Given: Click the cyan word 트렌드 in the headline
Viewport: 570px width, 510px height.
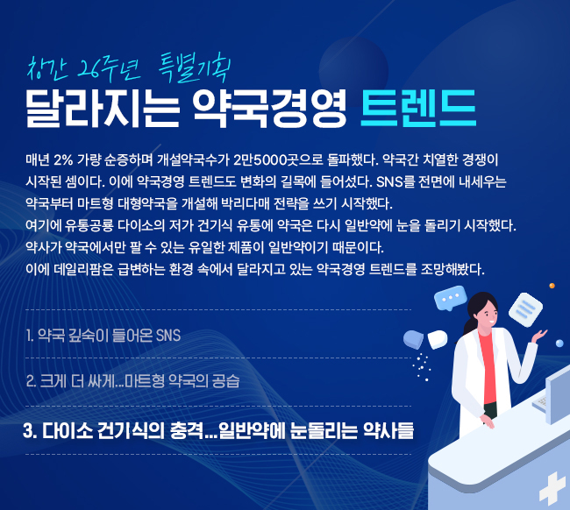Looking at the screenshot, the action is [x=418, y=109].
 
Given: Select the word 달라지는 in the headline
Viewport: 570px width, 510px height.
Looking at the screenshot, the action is [x=103, y=109].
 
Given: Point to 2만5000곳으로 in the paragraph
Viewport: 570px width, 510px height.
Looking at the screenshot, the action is [x=278, y=159].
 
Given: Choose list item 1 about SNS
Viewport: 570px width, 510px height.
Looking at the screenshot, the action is [x=103, y=336].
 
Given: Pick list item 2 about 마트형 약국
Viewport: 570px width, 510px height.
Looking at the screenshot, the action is [x=133, y=381].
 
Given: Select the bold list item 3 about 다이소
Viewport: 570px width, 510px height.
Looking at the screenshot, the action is [x=218, y=431].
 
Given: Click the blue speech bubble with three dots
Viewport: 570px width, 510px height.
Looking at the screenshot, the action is [x=451, y=298].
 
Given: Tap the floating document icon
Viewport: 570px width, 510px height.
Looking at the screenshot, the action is [x=525, y=310].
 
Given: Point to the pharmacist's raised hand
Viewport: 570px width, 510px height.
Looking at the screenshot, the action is [x=538, y=336].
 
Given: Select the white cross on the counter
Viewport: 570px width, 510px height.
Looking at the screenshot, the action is [x=553, y=489].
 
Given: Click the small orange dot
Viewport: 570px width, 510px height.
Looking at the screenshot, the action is [x=552, y=286].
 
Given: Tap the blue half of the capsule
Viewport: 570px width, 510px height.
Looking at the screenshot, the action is [x=413, y=339].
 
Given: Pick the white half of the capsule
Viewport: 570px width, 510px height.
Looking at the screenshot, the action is [x=438, y=339].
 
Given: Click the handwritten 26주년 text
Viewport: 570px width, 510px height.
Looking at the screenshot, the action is [x=109, y=69].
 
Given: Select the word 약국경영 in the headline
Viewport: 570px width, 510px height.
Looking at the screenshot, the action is [x=270, y=109].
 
